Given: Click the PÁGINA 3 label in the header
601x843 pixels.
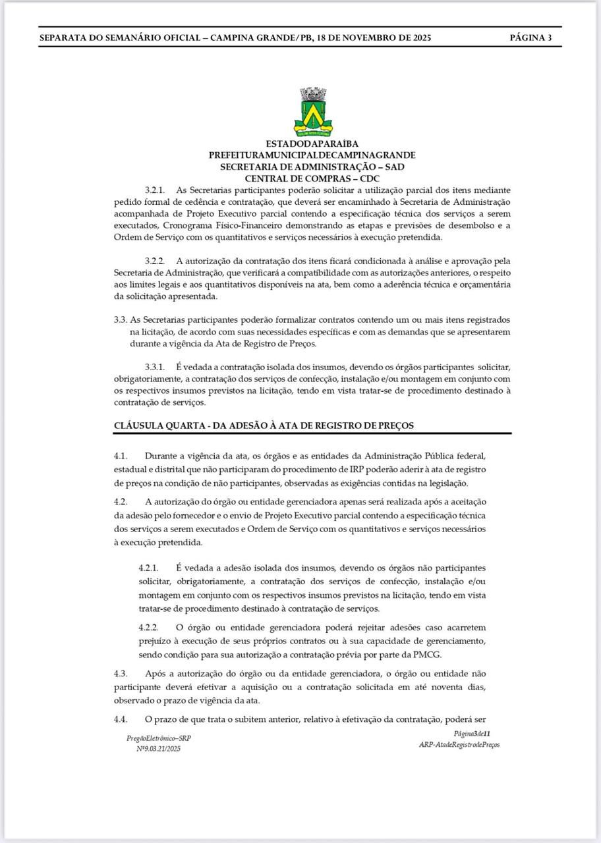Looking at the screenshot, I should tap(530, 38).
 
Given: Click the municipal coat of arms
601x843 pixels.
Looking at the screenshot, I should tap(313, 112).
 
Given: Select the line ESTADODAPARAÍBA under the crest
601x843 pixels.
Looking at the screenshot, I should tap(312, 144).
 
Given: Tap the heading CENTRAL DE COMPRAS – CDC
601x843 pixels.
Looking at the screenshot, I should tap(312, 178).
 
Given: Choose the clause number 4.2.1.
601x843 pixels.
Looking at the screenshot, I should tap(149, 568).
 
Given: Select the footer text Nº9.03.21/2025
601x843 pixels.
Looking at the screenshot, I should tap(158, 749).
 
